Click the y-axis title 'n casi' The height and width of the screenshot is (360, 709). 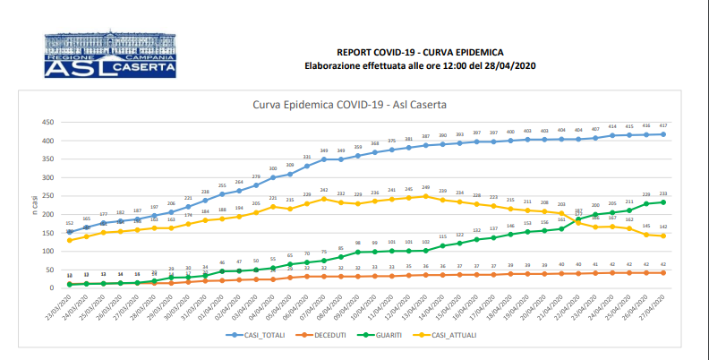(x=36, y=205)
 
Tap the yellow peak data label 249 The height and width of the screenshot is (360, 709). (x=426, y=187)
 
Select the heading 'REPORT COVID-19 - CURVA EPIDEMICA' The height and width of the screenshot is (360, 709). (x=419, y=53)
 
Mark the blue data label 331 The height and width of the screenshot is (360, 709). (x=306, y=158)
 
